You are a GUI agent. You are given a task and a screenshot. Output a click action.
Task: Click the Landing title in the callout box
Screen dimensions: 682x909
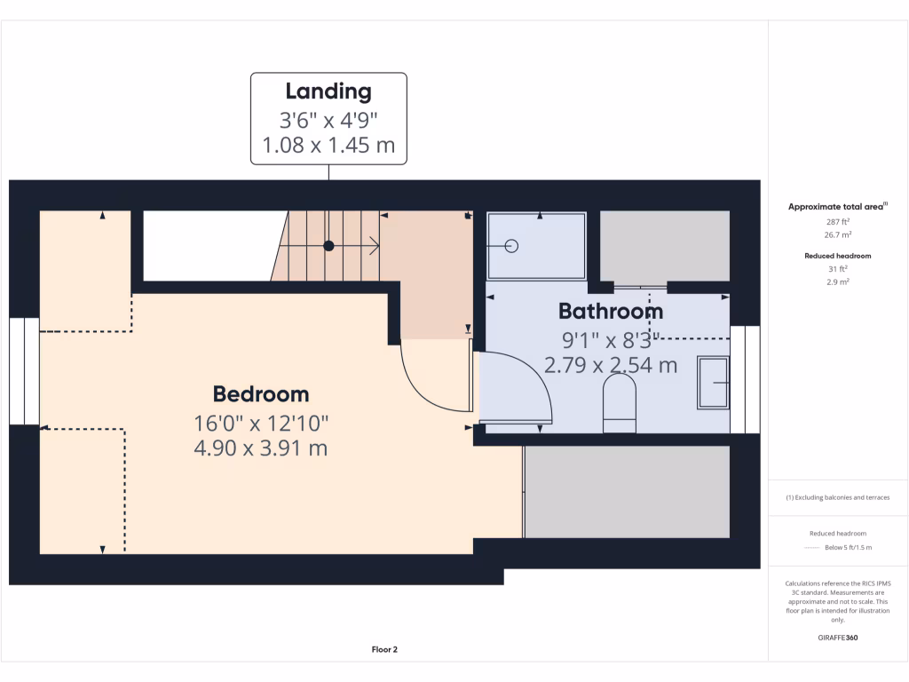(x=328, y=91)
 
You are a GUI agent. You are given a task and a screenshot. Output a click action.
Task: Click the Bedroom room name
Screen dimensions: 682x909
(x=261, y=394)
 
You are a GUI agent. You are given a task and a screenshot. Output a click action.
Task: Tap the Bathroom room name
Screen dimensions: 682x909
(x=610, y=312)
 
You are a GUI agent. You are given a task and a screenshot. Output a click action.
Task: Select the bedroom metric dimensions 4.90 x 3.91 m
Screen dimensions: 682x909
(x=261, y=448)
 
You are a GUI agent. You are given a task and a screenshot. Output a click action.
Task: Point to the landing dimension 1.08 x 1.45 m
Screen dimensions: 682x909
(x=328, y=145)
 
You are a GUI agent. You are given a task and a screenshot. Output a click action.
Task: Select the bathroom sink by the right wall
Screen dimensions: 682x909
(x=714, y=383)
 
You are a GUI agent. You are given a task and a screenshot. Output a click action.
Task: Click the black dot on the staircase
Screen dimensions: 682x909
(x=328, y=246)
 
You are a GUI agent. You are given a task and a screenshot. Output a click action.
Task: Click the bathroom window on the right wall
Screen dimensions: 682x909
(x=746, y=379)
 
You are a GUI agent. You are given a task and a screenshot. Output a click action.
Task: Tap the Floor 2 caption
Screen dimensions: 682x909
(x=384, y=650)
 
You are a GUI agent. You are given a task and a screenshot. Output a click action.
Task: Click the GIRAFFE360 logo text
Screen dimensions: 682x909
(x=838, y=638)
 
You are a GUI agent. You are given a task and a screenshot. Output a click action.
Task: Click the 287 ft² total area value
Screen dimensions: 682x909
(x=838, y=222)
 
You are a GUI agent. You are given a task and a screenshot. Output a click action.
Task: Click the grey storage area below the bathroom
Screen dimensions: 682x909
(x=627, y=492)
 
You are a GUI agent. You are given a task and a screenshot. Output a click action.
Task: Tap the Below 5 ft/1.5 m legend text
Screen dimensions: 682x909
(x=848, y=547)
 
